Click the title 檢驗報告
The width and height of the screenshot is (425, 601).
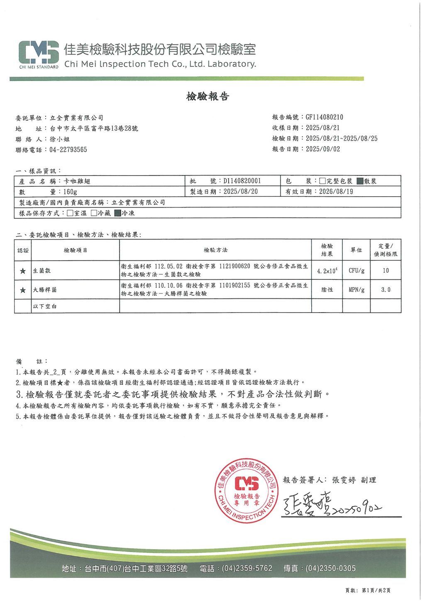pyautogui.click(x=208, y=97)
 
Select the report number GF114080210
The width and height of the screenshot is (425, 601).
pyautogui.click(x=324, y=117)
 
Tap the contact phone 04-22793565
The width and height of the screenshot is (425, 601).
pyautogui.click(x=68, y=150)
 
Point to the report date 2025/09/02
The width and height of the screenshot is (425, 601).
pyautogui.click(x=322, y=149)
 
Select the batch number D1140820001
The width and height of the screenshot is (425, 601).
pyautogui.click(x=242, y=181)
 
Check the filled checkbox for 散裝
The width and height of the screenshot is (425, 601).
pyautogui.click(x=360, y=181)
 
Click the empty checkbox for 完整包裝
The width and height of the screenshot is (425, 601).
pyautogui.click(x=322, y=181)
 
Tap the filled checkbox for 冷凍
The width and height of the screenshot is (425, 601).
pyautogui.click(x=117, y=213)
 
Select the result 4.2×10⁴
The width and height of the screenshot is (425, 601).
pyautogui.click(x=327, y=271)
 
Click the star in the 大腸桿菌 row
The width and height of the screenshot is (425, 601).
pyautogui.click(x=22, y=290)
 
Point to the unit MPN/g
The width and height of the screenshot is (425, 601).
pyautogui.click(x=356, y=290)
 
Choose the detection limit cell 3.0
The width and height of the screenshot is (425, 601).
pyautogui.click(x=386, y=290)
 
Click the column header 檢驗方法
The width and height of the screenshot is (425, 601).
pyautogui.click(x=215, y=250)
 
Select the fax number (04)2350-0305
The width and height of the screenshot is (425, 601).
pyautogui.click(x=330, y=568)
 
